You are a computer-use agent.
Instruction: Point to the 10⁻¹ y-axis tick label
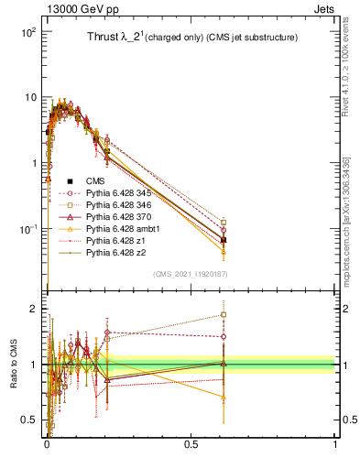tap(27, 229)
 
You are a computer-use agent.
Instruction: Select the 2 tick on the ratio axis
tap(32, 309)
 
